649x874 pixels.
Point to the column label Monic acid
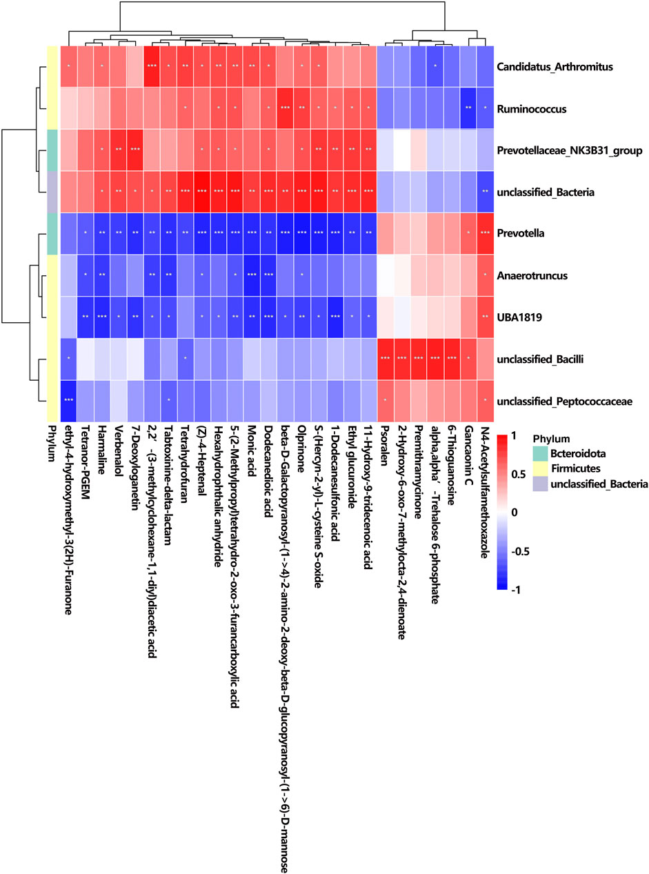click(x=252, y=455)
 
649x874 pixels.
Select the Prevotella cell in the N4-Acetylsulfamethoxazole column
click(x=486, y=234)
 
